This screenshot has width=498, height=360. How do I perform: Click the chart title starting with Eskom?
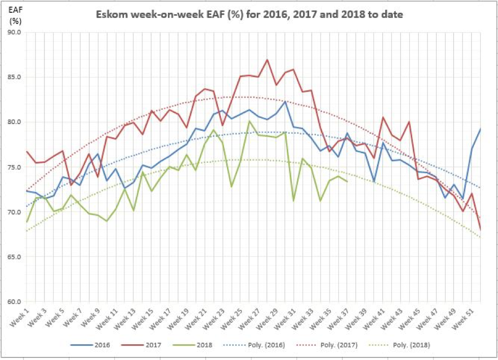click(250, 15)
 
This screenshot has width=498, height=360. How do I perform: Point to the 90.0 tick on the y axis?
click(14, 33)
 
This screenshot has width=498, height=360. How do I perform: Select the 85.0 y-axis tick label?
click(14, 78)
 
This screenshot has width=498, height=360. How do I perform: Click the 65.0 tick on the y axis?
click(14, 257)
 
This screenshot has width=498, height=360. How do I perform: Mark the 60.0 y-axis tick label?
click(14, 302)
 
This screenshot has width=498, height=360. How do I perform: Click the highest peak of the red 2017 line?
click(267, 60)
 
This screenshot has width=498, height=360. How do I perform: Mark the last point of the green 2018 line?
click(347, 181)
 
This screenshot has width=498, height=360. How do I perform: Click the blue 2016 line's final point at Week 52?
click(480, 129)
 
